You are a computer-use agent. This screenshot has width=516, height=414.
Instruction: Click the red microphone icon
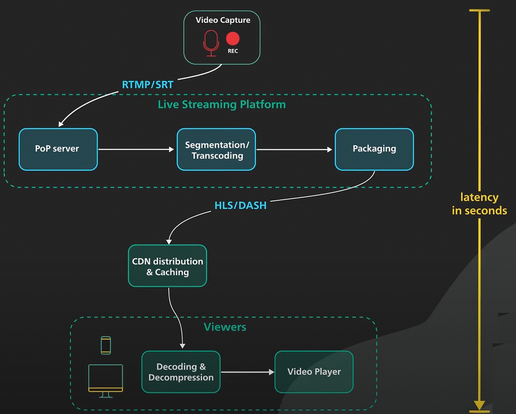[x=211, y=43]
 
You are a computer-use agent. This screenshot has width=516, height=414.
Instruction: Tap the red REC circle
[x=233, y=39]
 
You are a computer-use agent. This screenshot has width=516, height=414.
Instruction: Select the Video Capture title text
[x=223, y=20]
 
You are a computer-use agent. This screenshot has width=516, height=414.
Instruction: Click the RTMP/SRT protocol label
[x=147, y=84]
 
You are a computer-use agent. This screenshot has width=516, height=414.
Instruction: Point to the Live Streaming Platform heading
[x=221, y=104]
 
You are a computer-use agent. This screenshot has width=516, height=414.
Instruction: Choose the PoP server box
[x=58, y=149]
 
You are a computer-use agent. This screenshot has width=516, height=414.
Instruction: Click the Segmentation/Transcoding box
[x=216, y=150]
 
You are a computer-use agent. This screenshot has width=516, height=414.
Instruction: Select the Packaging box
[x=374, y=149]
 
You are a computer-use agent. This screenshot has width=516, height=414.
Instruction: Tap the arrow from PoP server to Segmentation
[x=136, y=149]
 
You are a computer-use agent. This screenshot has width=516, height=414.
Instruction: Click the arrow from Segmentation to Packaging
[x=295, y=150]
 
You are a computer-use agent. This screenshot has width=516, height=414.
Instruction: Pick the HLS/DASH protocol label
[x=240, y=205]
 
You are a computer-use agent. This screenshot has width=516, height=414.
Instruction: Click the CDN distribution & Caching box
[x=167, y=266]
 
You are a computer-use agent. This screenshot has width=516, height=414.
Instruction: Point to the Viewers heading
[x=225, y=327]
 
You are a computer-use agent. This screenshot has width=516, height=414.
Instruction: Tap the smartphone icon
[x=106, y=345]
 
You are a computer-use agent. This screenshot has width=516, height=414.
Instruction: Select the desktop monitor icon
[x=106, y=380]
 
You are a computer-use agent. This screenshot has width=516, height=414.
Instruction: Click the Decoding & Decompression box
[x=181, y=372]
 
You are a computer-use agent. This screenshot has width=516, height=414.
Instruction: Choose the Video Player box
[x=314, y=372]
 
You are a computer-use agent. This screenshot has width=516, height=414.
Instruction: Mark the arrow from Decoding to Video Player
[x=247, y=372]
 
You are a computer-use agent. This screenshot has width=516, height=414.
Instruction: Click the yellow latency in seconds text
[x=479, y=204]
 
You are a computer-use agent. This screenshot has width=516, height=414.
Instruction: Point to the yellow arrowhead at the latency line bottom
[x=479, y=405]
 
